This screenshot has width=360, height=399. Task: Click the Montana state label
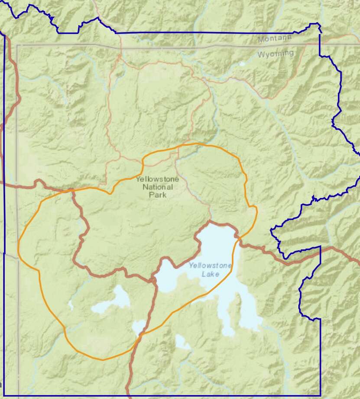275,39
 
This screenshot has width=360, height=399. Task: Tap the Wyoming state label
276,54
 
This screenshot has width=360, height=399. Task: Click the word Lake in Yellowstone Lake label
211,274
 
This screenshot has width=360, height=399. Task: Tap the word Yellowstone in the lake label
210,266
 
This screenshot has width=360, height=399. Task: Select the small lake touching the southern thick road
139,327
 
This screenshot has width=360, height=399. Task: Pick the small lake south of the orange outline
182,343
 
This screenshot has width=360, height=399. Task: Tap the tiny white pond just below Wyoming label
242,64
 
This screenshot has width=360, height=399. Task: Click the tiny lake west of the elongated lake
71,305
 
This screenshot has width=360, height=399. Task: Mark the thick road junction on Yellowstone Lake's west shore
154,280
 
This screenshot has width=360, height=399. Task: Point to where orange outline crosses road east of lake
238,237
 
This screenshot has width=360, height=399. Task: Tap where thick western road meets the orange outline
72,190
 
